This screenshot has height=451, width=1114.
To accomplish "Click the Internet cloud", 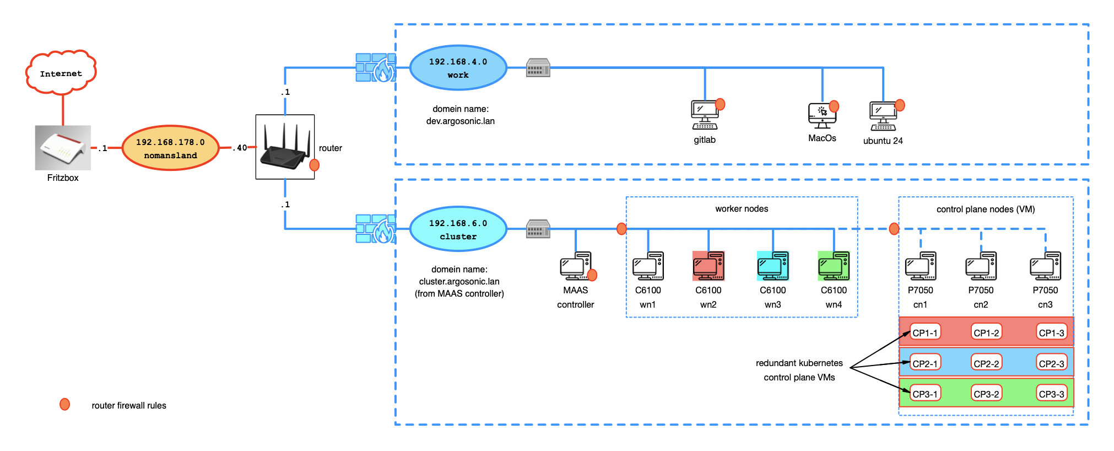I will (61, 72).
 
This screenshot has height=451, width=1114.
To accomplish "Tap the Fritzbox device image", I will (63, 147).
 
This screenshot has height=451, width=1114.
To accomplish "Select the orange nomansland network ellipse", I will (170, 148).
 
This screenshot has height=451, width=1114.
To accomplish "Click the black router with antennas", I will (285, 147).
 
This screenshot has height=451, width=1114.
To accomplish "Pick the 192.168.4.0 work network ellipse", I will (458, 68).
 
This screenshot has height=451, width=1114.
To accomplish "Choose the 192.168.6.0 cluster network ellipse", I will (458, 229).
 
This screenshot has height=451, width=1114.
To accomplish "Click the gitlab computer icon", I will (705, 115).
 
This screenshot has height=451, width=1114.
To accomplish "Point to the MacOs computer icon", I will (822, 115).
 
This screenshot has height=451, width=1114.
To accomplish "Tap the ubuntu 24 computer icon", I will (883, 116).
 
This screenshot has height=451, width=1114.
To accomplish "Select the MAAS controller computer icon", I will (576, 266).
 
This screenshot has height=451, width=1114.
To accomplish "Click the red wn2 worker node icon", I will (709, 266).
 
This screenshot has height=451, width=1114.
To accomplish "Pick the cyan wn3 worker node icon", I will (773, 266).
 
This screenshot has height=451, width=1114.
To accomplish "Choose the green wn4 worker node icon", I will (834, 266).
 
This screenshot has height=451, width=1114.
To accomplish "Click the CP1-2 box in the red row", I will (986, 332).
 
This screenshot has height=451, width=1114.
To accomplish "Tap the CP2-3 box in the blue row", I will (1052, 363).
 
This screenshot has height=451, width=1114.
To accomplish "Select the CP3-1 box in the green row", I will (925, 394).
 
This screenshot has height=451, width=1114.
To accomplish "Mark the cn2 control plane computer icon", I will (981, 266).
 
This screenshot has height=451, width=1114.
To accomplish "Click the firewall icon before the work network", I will (376, 68).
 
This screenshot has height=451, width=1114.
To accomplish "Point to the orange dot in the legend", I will (65, 405).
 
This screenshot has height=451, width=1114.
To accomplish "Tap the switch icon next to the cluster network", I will (538, 229).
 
